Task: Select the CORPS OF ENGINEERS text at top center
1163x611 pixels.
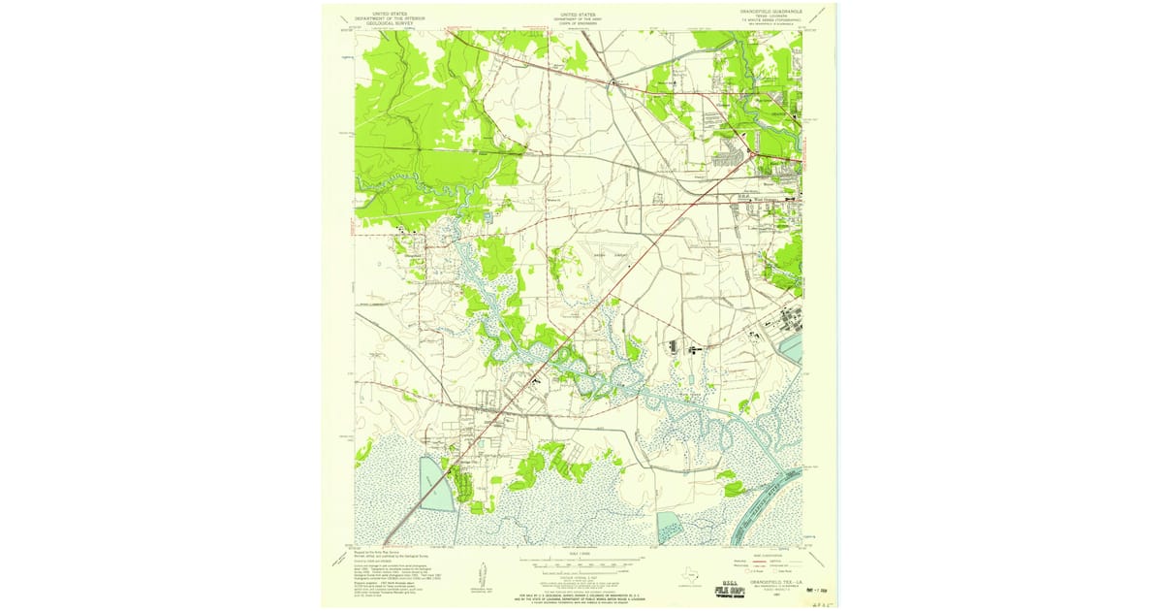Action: (580, 21)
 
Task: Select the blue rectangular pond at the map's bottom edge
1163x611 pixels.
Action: (669, 529)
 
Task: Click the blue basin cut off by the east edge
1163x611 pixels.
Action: (793, 347)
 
